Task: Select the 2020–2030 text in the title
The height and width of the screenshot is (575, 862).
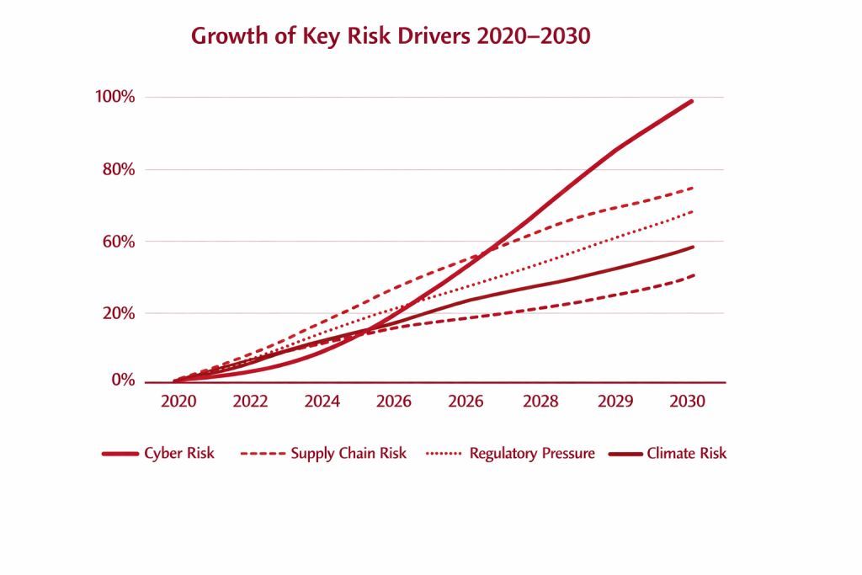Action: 542,37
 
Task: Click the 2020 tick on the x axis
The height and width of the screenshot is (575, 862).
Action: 178,402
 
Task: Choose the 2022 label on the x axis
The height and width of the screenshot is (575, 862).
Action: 250,402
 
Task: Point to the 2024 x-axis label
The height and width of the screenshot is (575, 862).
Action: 323,402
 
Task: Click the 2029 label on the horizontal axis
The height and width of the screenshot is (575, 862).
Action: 615,402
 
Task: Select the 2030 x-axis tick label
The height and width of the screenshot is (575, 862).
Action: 686,402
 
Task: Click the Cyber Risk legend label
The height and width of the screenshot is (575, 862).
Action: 178,454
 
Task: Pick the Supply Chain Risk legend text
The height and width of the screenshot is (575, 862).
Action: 349,454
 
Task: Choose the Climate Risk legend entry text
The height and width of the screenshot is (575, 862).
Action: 686,454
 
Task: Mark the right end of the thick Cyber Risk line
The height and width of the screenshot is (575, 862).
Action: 692,101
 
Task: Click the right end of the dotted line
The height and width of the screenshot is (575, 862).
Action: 692,211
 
